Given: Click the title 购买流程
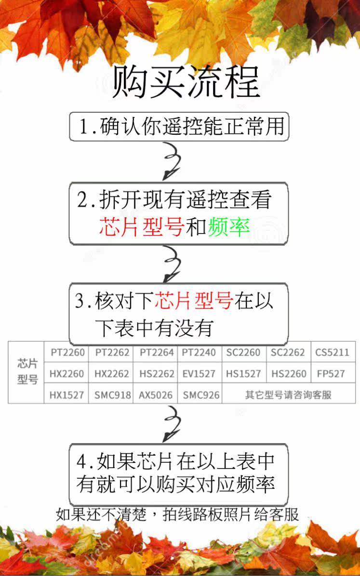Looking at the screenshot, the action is click(186, 82).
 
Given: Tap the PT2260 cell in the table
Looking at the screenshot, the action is click(67, 353).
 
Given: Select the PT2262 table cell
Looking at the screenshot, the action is click(112, 353).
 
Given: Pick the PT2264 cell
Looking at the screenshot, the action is click(157, 353).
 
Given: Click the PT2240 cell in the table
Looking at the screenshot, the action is click(199, 353).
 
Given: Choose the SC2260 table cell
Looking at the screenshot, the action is click(243, 353).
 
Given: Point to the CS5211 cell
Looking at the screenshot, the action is click(332, 353).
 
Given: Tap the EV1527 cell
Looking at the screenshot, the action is click(199, 374).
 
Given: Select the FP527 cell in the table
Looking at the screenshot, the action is click(332, 374).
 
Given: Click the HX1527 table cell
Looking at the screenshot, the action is click(67, 395).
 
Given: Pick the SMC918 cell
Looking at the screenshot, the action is click(112, 395).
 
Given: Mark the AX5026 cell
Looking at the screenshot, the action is click(156, 395).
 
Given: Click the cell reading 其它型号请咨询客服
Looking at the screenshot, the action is click(288, 395).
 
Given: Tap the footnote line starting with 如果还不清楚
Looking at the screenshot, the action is click(177, 514).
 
